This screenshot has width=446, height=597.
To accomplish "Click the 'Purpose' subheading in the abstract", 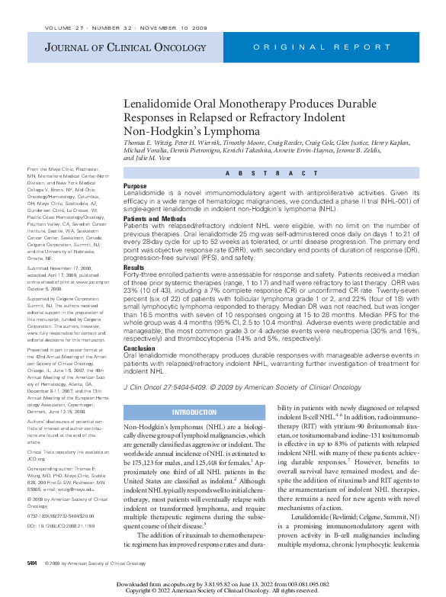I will [x=135, y=185].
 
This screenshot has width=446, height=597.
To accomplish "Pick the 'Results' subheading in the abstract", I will [x=133, y=268].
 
